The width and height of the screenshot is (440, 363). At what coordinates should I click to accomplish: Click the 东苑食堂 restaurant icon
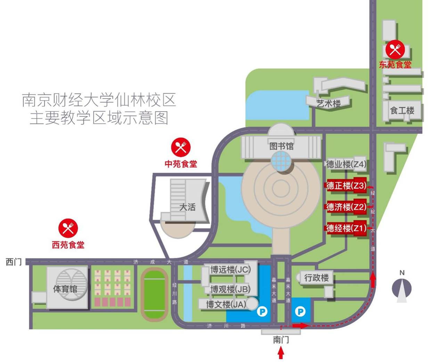pyautogui.click(x=395, y=50)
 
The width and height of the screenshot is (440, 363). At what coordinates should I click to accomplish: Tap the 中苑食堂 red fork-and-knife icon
pyautogui.click(x=181, y=147)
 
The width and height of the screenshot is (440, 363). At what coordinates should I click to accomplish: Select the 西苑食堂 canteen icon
pyautogui.click(x=68, y=228)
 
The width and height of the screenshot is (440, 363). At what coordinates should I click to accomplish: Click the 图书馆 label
pyautogui.click(x=281, y=146)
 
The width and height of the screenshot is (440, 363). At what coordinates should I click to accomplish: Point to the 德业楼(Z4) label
pyautogui.click(x=346, y=164)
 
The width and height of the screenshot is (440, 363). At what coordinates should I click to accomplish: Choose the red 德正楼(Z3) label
pyautogui.click(x=346, y=186)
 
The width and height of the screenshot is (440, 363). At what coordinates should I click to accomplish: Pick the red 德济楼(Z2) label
pyautogui.click(x=346, y=207)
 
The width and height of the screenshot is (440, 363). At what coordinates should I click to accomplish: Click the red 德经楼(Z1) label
pyautogui.click(x=346, y=228)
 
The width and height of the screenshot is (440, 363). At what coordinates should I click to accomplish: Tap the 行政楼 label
pyautogui.click(x=316, y=278)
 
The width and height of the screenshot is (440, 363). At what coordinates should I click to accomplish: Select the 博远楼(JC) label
pyautogui.click(x=230, y=270)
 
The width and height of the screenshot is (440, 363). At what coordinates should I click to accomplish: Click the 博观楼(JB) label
pyautogui.click(x=230, y=289)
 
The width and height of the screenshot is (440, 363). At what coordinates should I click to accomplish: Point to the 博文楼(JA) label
pyautogui.click(x=226, y=305)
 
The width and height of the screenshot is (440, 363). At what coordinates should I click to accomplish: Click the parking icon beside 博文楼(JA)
pyautogui.click(x=262, y=312)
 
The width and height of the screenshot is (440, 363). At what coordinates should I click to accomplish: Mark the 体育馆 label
pyautogui.click(x=65, y=289)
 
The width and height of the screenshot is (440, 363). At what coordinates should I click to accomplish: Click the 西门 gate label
pyautogui.click(x=14, y=262)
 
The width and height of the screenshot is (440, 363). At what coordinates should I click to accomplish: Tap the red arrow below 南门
pyautogui.click(x=281, y=353)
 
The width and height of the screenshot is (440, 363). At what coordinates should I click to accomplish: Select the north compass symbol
pyautogui.click(x=402, y=288)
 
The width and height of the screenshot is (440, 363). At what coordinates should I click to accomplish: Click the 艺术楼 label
pyautogui.click(x=328, y=103)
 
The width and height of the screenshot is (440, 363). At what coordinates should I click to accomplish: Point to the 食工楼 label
pyautogui.click(x=402, y=111)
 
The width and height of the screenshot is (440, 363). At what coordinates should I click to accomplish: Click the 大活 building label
pyautogui.click(x=187, y=207)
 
